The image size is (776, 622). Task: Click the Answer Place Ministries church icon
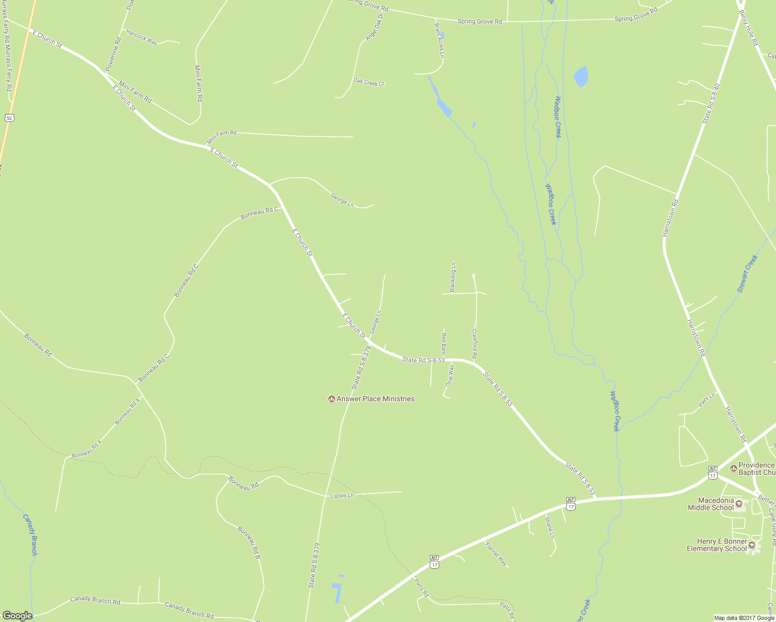(331, 399)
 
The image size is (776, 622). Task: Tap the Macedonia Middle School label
(711, 504)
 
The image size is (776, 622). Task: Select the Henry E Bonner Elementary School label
(716, 545)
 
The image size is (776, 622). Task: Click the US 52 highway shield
(9, 118)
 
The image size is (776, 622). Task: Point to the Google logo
(17, 615)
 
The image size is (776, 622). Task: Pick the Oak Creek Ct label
(369, 82)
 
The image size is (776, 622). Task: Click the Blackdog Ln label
(453, 277)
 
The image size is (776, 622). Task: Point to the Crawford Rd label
(474, 344)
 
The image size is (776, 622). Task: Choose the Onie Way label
(450, 376)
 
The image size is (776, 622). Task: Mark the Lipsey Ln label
(342, 496)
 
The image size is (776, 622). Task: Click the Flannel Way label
(496, 553)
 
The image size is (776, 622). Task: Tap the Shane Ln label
(549, 527)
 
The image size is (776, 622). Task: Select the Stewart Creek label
(747, 273)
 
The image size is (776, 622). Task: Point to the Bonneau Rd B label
(248, 542)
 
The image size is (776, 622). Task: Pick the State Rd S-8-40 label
(711, 103)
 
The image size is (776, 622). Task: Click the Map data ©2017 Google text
(744, 618)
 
